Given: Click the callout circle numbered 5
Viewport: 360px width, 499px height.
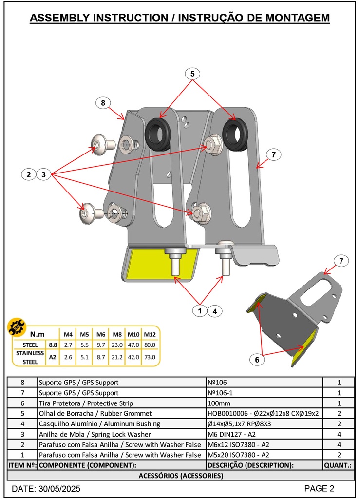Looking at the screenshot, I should click(192, 74).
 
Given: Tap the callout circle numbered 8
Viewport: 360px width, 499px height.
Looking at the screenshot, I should click(103, 103).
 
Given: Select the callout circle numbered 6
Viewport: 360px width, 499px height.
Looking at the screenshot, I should click(257, 360).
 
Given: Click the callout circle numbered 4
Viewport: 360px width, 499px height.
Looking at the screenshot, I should click(214, 310).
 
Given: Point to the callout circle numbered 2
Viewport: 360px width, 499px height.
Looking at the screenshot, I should click(29, 174).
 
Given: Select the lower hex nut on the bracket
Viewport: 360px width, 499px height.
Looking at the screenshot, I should click(199, 213).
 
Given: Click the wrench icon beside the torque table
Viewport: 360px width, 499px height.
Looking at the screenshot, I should click(17, 328).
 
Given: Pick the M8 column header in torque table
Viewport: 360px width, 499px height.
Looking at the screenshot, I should click(117, 334).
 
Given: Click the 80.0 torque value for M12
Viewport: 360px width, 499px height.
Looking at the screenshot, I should click(150, 345).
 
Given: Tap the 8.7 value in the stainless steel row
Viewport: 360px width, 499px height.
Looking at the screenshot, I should click(101, 357).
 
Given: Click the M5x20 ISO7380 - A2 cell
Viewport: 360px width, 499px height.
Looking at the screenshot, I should click(238, 455).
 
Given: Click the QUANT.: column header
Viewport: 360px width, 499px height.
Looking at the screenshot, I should click(338, 465).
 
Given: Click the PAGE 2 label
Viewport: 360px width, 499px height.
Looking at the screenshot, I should click(319, 488).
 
